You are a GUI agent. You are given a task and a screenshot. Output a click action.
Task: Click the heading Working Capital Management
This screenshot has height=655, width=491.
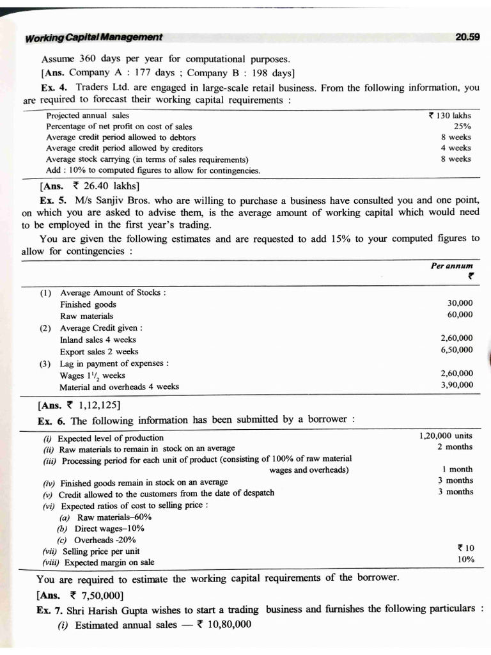point(93,38)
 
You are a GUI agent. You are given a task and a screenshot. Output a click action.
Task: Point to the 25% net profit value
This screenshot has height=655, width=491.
point(462,127)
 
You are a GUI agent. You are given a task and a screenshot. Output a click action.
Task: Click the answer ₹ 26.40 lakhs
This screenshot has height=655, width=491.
point(99,187)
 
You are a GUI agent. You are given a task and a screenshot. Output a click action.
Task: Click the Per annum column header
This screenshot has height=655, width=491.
point(452,265)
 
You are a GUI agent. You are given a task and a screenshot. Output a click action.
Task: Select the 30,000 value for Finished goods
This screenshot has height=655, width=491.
point(460,303)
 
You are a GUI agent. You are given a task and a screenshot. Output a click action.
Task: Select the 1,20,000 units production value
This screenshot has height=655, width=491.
point(446,436)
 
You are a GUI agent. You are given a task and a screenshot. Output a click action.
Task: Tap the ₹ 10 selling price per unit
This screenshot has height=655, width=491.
point(465,548)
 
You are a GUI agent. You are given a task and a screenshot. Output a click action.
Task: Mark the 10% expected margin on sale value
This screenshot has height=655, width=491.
point(466,560)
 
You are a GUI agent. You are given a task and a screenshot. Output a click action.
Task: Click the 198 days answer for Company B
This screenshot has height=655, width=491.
point(269,72)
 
